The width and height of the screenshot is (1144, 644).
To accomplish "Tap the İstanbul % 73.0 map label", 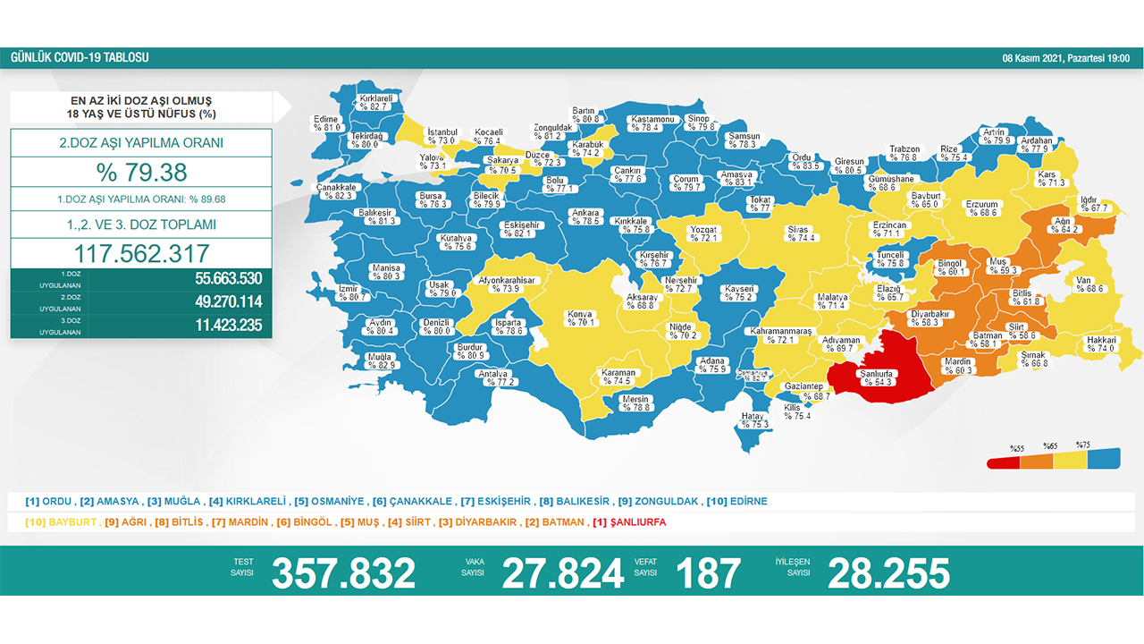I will pyautogui.click(x=442, y=136).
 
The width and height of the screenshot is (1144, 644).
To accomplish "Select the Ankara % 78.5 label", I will pyautogui.click(x=586, y=216).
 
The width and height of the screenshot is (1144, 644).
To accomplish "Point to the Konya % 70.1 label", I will pyautogui.click(x=580, y=318).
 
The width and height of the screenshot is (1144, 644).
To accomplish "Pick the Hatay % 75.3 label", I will pyautogui.click(x=754, y=420).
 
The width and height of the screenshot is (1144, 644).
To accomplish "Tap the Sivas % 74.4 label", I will pyautogui.click(x=797, y=233).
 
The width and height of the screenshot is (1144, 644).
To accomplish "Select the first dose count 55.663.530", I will pyautogui.click(x=228, y=278).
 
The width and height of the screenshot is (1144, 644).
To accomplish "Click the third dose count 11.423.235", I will pyautogui.click(x=228, y=326).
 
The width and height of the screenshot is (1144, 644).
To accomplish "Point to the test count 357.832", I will pyautogui.click(x=343, y=573).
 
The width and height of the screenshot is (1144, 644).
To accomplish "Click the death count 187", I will pyautogui.click(x=708, y=573).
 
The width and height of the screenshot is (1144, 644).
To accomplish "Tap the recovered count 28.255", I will pyautogui.click(x=888, y=573).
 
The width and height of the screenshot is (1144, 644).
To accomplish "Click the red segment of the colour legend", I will pyautogui.click(x=1003, y=462).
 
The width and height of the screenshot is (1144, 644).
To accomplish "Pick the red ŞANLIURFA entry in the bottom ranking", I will pyautogui.click(x=634, y=522).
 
